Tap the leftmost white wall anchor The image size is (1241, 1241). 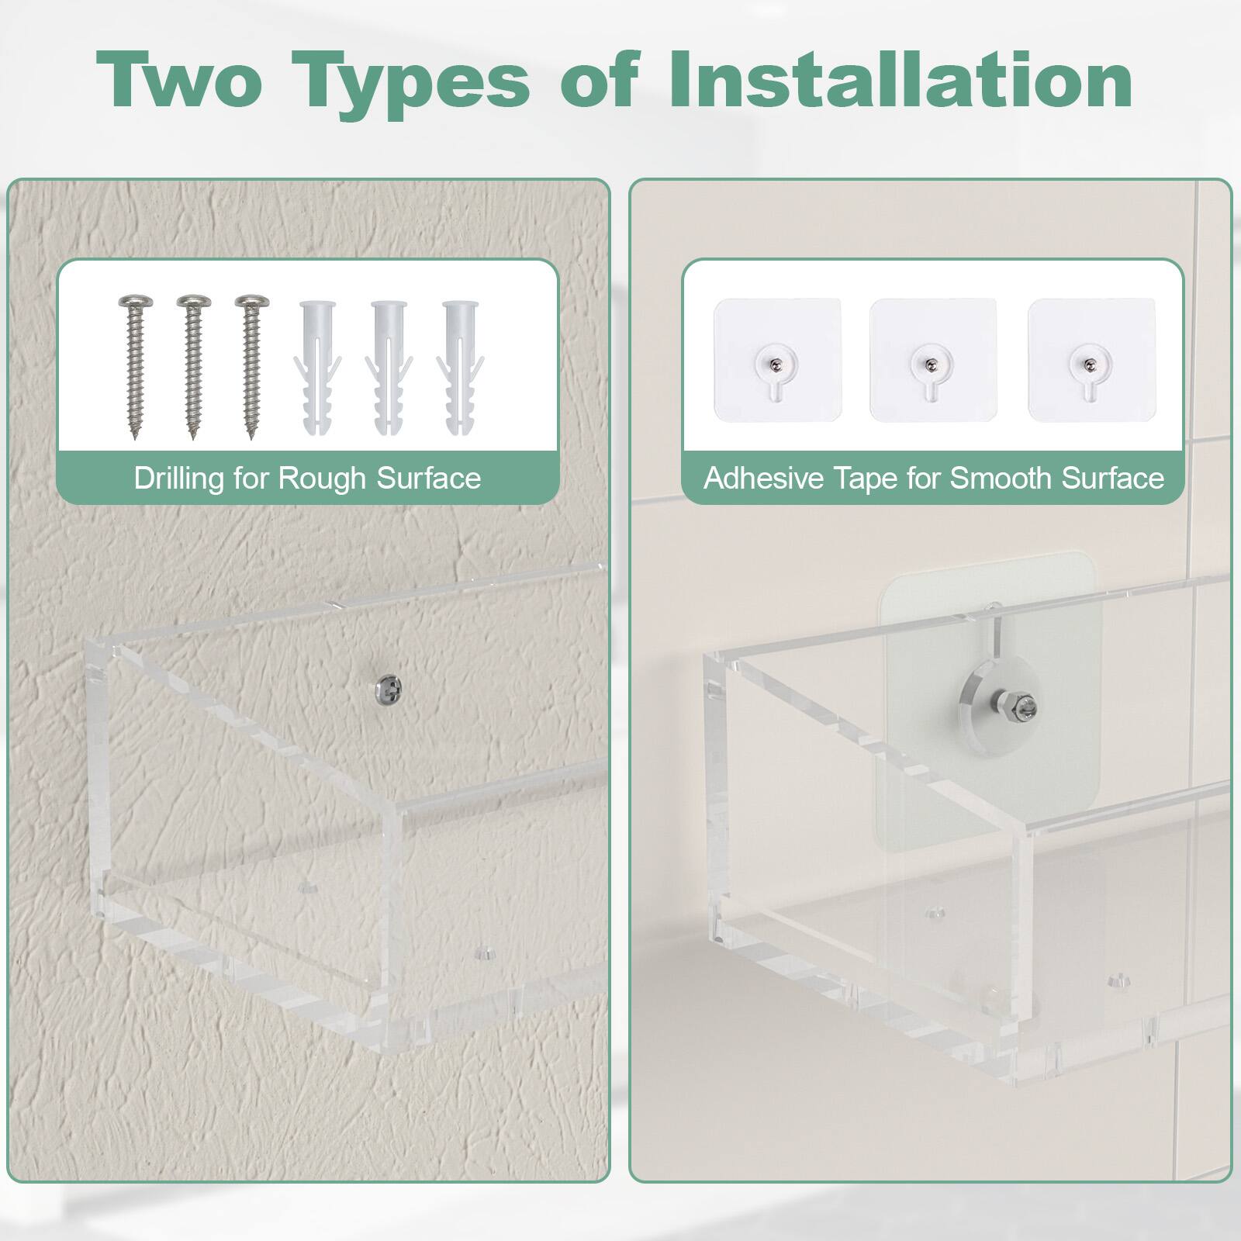(314, 368)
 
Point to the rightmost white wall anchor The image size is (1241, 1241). (460, 368)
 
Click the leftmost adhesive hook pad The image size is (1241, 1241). (777, 360)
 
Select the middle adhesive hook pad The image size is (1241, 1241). (932, 360)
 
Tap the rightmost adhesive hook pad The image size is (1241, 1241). (1091, 360)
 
